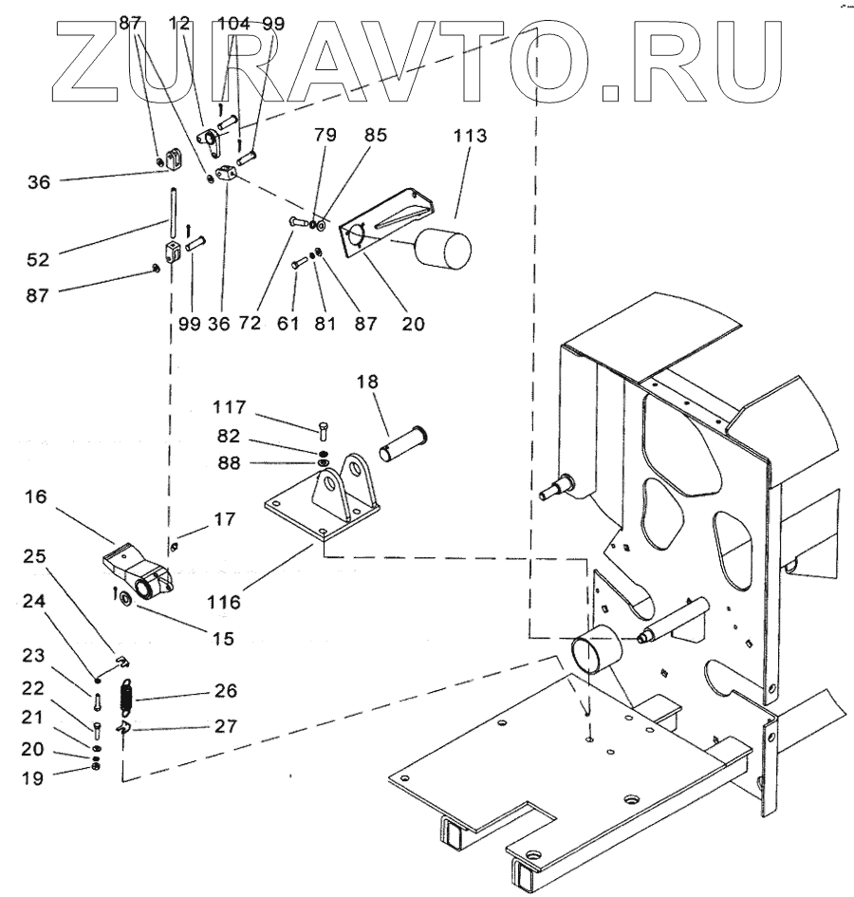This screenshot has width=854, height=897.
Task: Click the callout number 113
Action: pos(470,137)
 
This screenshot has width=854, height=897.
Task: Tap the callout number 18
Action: pos(367,382)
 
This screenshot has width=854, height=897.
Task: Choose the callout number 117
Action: pos(230,408)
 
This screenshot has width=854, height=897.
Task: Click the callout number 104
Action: pos(232,24)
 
